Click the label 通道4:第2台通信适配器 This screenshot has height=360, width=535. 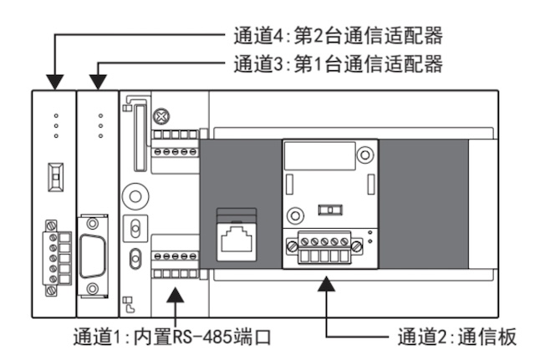point(334,36)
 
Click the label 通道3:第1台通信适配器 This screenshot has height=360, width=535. point(334,63)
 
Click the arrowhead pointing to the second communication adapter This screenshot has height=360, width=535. point(55,82)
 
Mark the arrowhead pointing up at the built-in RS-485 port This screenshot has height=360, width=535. point(176,293)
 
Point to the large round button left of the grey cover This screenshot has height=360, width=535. point(134,194)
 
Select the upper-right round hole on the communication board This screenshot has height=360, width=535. point(364,156)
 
